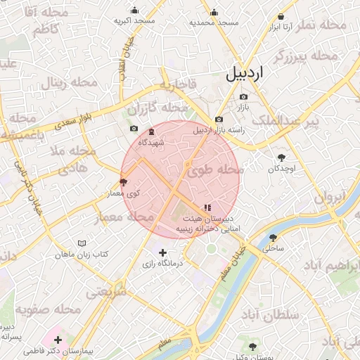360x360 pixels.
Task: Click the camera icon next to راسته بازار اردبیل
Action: [219, 119]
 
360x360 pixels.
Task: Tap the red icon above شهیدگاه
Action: [151, 131]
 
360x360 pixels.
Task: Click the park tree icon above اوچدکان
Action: [282, 158]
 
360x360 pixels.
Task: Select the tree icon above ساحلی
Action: [273, 237]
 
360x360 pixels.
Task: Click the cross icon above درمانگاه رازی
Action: [163, 252]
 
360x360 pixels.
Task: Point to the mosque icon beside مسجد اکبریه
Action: [135, 11]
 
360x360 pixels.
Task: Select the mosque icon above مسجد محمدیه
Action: [214, 12]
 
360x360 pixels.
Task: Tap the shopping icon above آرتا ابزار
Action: [281, 15]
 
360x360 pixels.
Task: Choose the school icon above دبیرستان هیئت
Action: [207, 207]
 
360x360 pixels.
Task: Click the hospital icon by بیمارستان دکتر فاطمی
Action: [58, 340]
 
